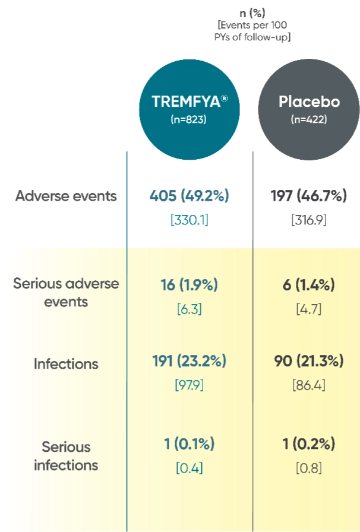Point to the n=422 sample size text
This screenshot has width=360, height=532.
(x=309, y=119)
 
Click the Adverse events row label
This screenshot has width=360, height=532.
(x=67, y=197)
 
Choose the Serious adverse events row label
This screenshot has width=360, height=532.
(x=67, y=292)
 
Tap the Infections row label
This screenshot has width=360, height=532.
(x=67, y=363)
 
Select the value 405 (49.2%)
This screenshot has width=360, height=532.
(x=190, y=196)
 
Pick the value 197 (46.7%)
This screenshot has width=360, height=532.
(x=309, y=196)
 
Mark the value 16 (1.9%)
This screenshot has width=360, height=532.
(x=190, y=285)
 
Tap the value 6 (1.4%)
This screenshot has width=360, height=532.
(x=309, y=285)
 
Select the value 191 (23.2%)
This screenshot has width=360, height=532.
(x=190, y=360)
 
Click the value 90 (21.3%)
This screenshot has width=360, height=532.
(x=309, y=360)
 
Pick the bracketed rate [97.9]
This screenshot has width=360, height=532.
(x=190, y=385)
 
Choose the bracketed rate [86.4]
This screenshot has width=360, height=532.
(x=309, y=385)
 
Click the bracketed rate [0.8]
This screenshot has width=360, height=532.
(x=309, y=468)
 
